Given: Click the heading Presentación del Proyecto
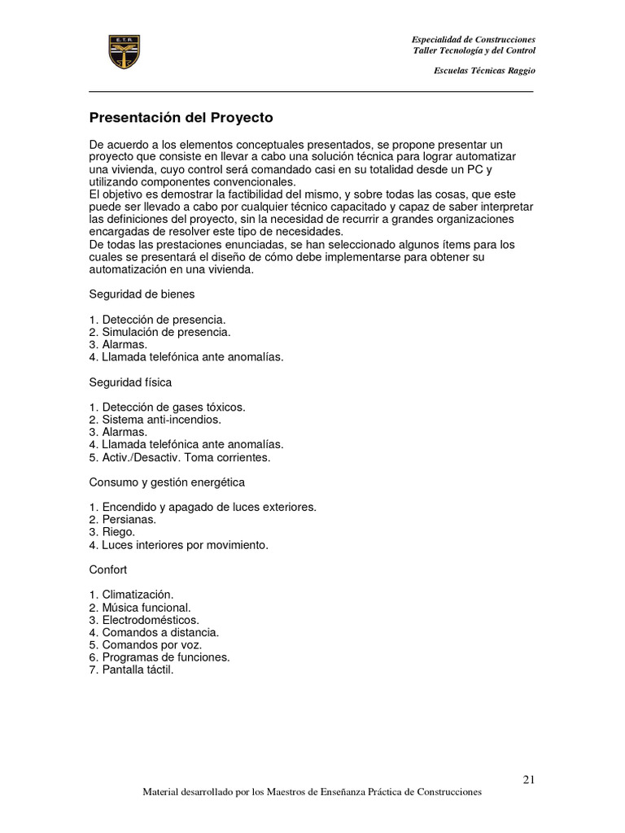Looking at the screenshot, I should click(x=181, y=117).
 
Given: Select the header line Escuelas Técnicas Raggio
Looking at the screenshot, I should click(x=485, y=71).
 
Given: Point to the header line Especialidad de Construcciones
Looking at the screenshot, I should click(x=474, y=40).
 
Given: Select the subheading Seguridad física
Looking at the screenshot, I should click(x=130, y=382).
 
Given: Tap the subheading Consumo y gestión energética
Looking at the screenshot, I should click(x=167, y=482).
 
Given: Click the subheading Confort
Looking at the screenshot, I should click(x=108, y=570).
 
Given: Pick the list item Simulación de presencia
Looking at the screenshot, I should click(x=160, y=332).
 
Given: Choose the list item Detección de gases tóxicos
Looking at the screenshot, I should click(x=167, y=407).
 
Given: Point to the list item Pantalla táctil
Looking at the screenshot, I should click(x=132, y=670).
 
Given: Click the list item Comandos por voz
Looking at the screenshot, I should click(x=145, y=645).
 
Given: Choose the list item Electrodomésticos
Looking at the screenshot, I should click(x=144, y=620).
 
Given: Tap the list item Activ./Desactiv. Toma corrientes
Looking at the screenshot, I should click(x=179, y=457).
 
